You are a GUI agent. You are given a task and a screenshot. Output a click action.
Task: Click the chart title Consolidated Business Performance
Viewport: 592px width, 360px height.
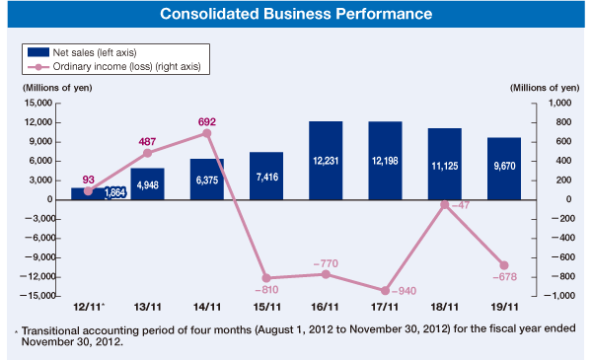(296, 15)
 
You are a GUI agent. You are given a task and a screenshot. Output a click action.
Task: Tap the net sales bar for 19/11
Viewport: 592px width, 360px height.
(504, 168)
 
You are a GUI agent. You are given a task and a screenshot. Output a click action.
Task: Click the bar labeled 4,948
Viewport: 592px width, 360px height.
(148, 183)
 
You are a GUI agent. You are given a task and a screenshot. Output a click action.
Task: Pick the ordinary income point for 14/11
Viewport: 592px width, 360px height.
(206, 133)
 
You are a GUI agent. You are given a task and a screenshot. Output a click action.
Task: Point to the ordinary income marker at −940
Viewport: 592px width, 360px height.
(384, 290)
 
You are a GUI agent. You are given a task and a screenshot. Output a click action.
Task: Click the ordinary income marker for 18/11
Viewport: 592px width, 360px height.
(445, 204)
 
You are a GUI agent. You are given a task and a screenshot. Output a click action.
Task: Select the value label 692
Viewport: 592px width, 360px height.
(206, 121)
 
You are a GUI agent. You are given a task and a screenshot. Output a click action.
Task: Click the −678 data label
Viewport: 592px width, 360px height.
(503, 278)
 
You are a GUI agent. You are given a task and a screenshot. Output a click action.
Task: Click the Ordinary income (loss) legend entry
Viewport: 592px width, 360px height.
(128, 66)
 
